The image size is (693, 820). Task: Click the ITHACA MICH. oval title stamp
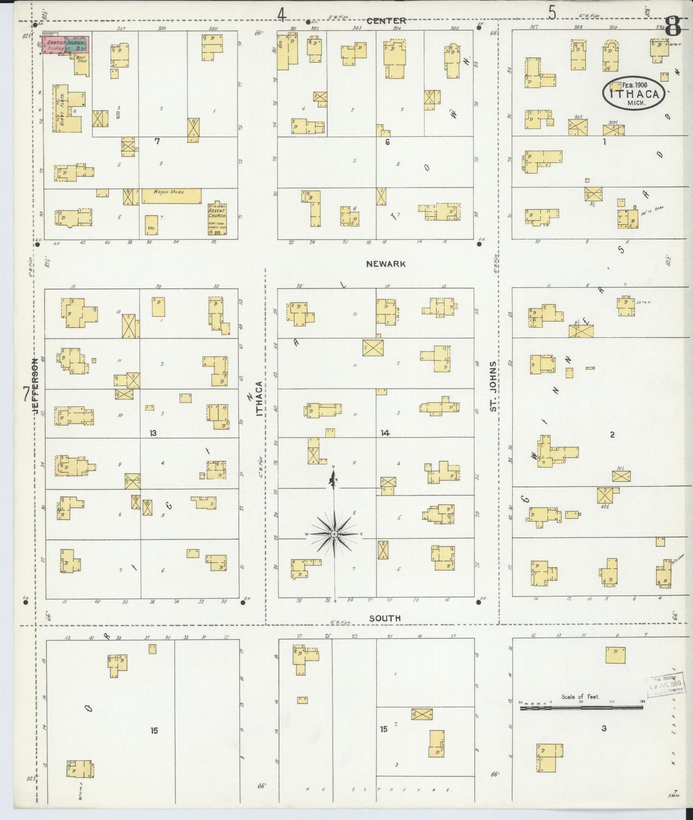pyautogui.click(x=634, y=93)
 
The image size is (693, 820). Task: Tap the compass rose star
pyautogui.click(x=334, y=534)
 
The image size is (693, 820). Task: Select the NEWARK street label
pyautogui.click(x=386, y=264)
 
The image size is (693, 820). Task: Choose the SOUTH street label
pyautogui.click(x=385, y=618)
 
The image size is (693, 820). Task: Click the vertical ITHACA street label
pyautogui.click(x=259, y=398)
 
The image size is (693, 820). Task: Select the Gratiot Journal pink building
pyautogui.click(x=66, y=45)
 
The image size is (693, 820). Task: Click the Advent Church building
pyautogui.click(x=217, y=219)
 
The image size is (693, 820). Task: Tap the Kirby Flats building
pyautogui.click(x=68, y=109)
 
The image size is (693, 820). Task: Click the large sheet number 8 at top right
pyautogui.click(x=672, y=26)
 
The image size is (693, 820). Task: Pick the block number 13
pyautogui.click(x=153, y=433)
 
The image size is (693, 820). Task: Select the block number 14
pyautogui.click(x=385, y=433)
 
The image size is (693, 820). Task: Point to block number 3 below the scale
pyautogui.click(x=604, y=728)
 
